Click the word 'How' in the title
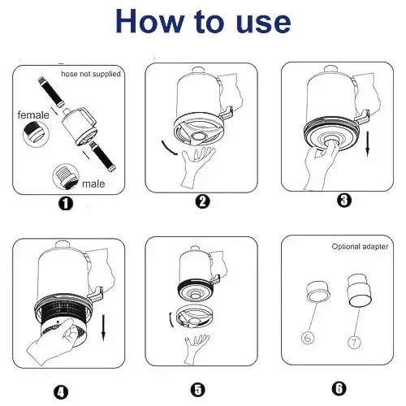pyautogui.click(x=149, y=21)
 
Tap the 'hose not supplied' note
pyautogui.click(x=91, y=74)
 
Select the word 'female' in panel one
pyautogui.click(x=33, y=115)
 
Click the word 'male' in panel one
pyautogui.click(x=93, y=184)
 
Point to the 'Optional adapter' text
pyautogui.click(x=360, y=247)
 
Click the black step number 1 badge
pyautogui.click(x=66, y=203)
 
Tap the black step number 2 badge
pyautogui.click(x=202, y=201)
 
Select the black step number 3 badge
pyautogui.click(x=344, y=201)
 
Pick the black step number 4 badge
pyautogui.click(x=61, y=392)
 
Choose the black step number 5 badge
pyautogui.click(x=198, y=390)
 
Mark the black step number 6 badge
pyautogui.click(x=339, y=389)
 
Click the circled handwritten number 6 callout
pyautogui.click(x=308, y=338)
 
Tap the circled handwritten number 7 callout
pyautogui.click(x=354, y=343)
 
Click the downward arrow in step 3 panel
pyautogui.click(x=367, y=144)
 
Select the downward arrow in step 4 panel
pyautogui.click(x=103, y=328)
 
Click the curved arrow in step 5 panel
pyautogui.click(x=171, y=320)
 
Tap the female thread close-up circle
pyautogui.click(x=36, y=134)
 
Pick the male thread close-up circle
pyautogui.click(x=66, y=176)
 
